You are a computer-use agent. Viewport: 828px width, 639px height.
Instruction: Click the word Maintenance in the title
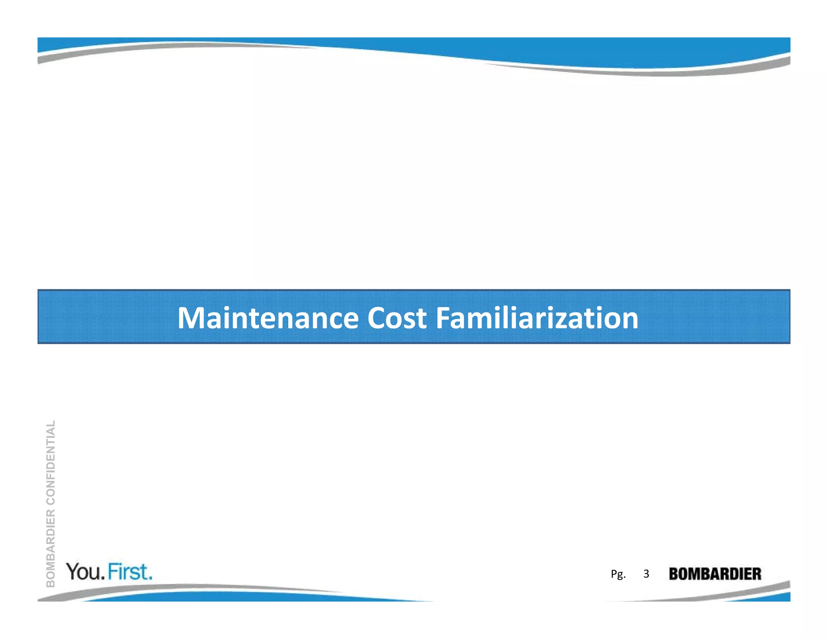(x=268, y=318)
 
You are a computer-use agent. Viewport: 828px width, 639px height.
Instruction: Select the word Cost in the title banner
(x=397, y=318)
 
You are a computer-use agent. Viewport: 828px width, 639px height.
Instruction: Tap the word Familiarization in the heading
(x=537, y=318)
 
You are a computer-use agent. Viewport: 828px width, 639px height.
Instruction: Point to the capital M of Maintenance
(x=192, y=318)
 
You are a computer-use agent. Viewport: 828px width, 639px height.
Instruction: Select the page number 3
(x=646, y=574)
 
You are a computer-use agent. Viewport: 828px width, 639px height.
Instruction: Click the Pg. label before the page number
(x=618, y=574)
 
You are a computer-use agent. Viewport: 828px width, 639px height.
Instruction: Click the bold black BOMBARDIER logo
(x=715, y=574)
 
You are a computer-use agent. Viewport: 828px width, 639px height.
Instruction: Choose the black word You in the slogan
(x=84, y=572)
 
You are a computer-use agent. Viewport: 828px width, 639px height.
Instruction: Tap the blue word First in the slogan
(x=128, y=572)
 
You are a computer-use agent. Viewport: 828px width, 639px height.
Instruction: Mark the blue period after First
(x=150, y=578)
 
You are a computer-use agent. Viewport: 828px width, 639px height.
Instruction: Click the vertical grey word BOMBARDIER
(x=51, y=548)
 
